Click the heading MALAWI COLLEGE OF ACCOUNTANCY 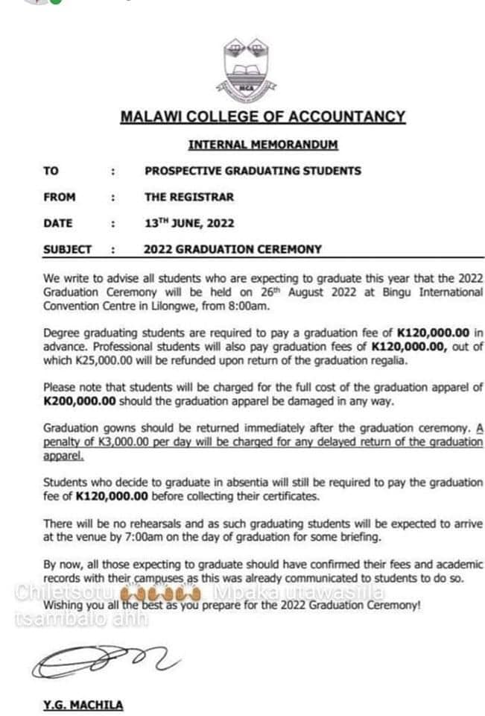(x=263, y=117)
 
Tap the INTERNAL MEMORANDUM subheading (x=263, y=144)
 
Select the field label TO (x=51, y=171)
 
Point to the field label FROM (x=59, y=198)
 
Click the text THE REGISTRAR (x=189, y=198)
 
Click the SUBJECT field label (x=67, y=250)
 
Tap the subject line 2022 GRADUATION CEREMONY (x=232, y=250)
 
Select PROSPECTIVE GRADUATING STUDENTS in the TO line (x=253, y=171)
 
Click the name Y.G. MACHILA (x=83, y=705)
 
